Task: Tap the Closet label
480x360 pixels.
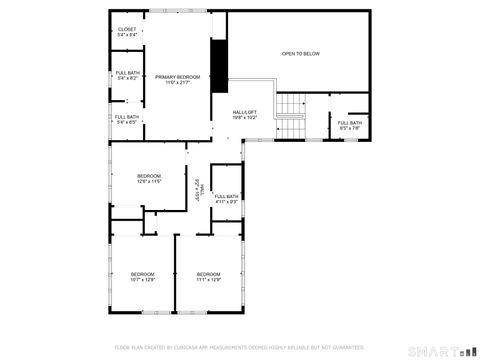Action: pyautogui.click(x=127, y=29)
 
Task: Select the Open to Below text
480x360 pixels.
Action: pyautogui.click(x=300, y=53)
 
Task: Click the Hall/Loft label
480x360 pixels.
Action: pyautogui.click(x=245, y=112)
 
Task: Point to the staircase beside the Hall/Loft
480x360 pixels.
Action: pyautogui.click(x=289, y=106)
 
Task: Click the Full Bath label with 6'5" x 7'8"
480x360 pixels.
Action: pyautogui.click(x=350, y=123)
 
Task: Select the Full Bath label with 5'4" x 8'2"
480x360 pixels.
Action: pyautogui.click(x=127, y=72)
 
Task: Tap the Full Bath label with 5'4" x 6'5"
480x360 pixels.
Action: pyautogui.click(x=127, y=117)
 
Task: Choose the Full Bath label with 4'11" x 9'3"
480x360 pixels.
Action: pyautogui.click(x=226, y=196)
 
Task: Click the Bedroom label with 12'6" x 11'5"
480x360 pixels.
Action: pyautogui.click(x=149, y=176)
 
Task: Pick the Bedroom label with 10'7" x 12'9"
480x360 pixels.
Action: pyautogui.click(x=143, y=274)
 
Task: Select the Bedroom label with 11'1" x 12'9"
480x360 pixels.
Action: pyautogui.click(x=208, y=274)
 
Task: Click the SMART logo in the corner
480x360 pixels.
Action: pyautogui.click(x=439, y=350)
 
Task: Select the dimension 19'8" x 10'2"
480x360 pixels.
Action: pyautogui.click(x=245, y=117)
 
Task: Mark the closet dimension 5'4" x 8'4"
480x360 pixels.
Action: pyautogui.click(x=127, y=35)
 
